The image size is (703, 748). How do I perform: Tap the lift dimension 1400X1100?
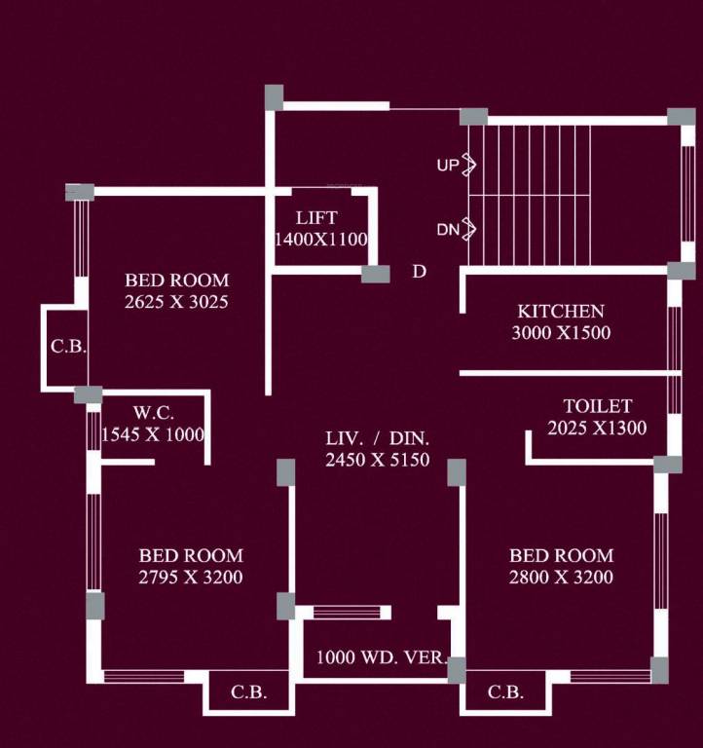320,239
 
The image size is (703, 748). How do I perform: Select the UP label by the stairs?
447,166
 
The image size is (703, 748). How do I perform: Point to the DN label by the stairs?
447,231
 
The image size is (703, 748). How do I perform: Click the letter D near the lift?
419,272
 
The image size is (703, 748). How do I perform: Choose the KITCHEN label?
560,312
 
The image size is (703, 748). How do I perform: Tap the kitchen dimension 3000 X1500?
560,333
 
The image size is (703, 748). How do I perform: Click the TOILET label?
597,406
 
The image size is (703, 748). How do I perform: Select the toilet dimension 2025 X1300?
597,428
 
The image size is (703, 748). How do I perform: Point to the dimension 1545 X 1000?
153,434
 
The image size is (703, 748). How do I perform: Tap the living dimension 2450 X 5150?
378,461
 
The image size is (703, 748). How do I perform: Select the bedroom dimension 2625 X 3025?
176,302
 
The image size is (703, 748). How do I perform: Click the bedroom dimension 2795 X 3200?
191,578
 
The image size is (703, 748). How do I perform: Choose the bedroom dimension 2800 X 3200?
562,578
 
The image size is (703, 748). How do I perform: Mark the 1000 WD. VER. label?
381,657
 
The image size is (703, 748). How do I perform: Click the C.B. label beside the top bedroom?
67,346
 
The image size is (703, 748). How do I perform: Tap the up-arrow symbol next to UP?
467,165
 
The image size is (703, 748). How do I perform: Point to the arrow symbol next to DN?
468,230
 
